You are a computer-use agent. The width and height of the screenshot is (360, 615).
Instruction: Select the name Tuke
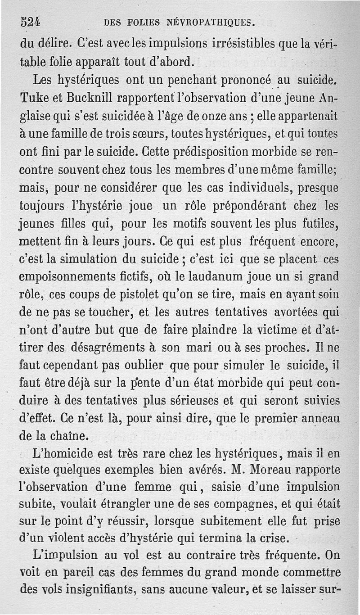coord(34,98)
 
